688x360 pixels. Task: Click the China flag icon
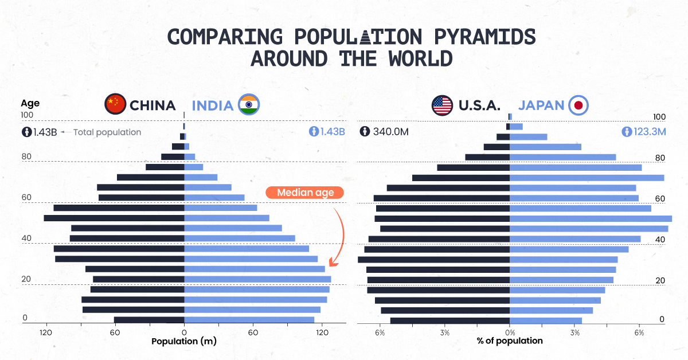(x=115, y=104)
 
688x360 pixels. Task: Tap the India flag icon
(x=249, y=104)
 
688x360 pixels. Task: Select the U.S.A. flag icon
(x=442, y=105)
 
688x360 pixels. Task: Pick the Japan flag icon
(x=578, y=105)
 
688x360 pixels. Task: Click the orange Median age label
(x=304, y=193)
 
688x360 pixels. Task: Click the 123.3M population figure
(x=650, y=132)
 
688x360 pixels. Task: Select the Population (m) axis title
(x=183, y=341)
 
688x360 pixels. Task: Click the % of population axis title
(x=510, y=341)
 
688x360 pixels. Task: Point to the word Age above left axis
(x=30, y=103)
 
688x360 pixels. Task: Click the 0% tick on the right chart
(x=510, y=332)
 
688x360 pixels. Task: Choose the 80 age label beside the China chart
(x=26, y=156)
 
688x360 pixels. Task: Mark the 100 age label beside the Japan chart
(x=659, y=117)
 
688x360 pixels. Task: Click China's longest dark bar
(x=114, y=218)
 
